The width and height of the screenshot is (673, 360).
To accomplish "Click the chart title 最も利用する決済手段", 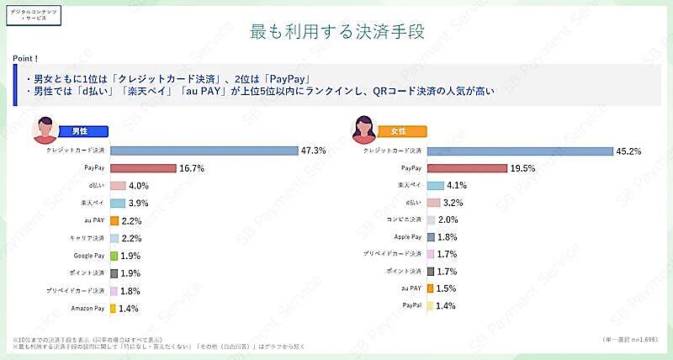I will (x=336, y=32).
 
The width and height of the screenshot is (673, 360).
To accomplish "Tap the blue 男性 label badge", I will (x=79, y=131).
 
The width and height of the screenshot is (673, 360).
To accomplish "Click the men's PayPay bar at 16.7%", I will (x=143, y=168).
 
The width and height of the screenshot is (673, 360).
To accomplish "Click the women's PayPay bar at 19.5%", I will (x=467, y=168).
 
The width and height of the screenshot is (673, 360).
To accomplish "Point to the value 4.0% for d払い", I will (x=139, y=186).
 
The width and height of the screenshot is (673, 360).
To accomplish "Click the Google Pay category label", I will (x=88, y=256).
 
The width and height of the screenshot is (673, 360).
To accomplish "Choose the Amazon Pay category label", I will (x=87, y=309).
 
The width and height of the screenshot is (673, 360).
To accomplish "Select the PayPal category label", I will (x=411, y=305).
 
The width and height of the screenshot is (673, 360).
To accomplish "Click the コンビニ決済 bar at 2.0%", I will (x=431, y=220).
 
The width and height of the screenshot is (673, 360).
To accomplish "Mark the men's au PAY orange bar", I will (x=114, y=220).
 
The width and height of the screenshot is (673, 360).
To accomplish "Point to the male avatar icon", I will (x=44, y=130).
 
